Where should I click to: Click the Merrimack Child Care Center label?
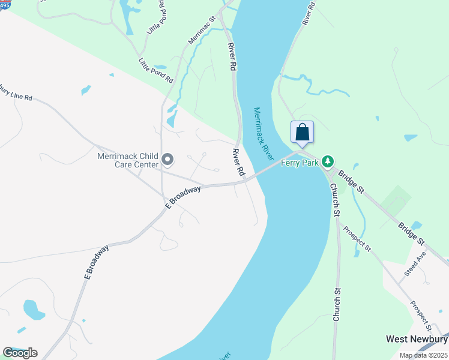point(128,160)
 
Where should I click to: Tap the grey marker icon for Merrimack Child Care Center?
point(167,160)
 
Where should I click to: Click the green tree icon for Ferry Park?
point(327,161)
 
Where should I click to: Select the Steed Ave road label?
point(414,263)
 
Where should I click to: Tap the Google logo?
point(20,353)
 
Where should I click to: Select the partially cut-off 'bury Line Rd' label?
point(16,94)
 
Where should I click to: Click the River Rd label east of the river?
point(309,13)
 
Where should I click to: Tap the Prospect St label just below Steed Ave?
point(421,315)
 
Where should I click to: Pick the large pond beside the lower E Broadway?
point(34,310)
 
